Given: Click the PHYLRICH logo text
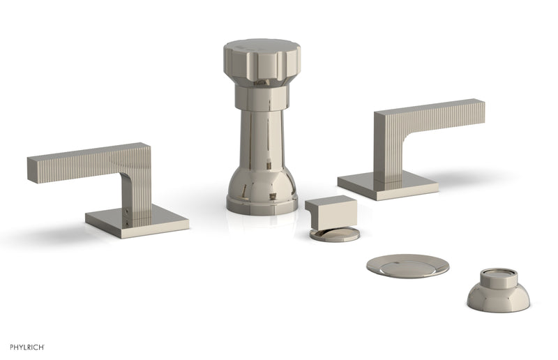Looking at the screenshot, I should [28, 347].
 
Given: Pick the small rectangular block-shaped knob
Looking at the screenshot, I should [331, 211].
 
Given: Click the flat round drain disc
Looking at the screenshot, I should [407, 266].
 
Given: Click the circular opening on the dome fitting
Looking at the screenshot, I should [498, 273].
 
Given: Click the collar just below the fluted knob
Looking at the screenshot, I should [261, 97].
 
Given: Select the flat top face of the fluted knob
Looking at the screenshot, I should [261, 47].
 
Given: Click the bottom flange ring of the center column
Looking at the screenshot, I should [261, 206].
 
